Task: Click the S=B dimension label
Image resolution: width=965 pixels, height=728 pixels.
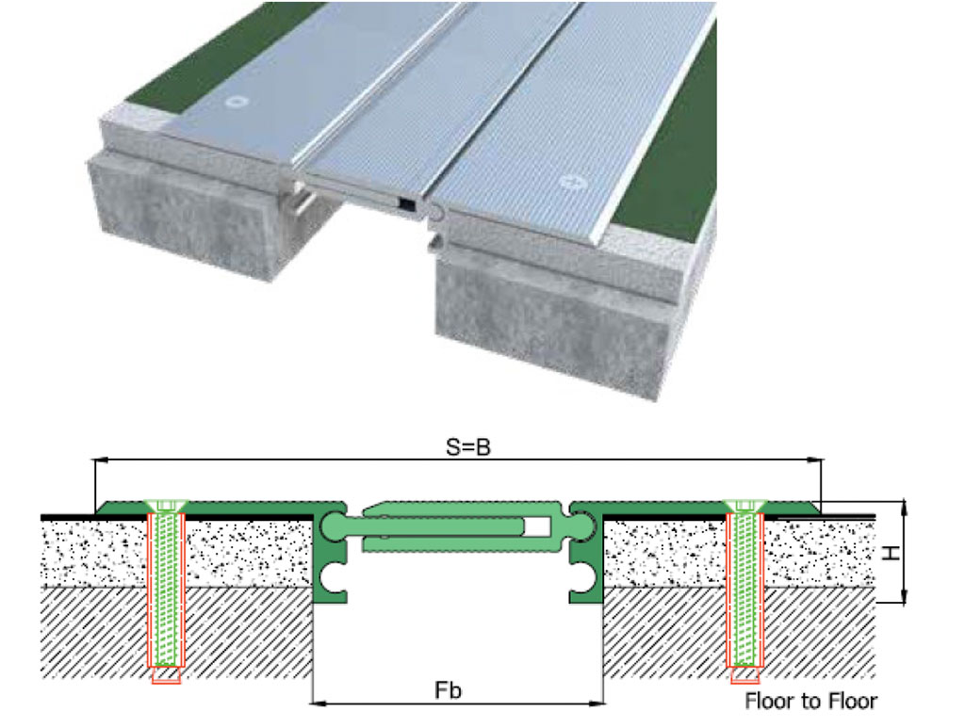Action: click(x=468, y=447)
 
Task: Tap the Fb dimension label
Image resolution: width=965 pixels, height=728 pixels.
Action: click(x=448, y=690)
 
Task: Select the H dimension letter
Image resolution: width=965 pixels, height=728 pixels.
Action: click(x=891, y=553)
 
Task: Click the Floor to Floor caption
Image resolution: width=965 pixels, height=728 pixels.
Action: click(x=810, y=701)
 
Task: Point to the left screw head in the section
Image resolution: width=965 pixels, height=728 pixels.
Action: click(x=166, y=506)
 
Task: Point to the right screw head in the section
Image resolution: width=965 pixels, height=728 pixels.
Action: click(x=745, y=506)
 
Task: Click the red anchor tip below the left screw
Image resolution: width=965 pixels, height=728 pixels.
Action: click(x=166, y=675)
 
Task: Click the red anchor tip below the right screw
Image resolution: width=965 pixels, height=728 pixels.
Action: click(x=745, y=675)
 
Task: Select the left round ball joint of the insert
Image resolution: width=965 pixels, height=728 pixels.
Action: click(x=335, y=527)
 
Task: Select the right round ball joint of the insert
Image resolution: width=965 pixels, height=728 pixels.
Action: click(x=580, y=527)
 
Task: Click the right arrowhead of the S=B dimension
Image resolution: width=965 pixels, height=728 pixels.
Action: click(x=815, y=459)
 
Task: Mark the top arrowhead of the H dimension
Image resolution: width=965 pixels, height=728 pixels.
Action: click(x=904, y=508)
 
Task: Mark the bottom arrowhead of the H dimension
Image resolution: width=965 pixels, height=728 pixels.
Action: click(x=904, y=595)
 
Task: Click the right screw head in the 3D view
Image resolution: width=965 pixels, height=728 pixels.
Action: click(x=570, y=182)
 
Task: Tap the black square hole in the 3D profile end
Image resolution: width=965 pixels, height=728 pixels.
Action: click(x=407, y=203)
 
